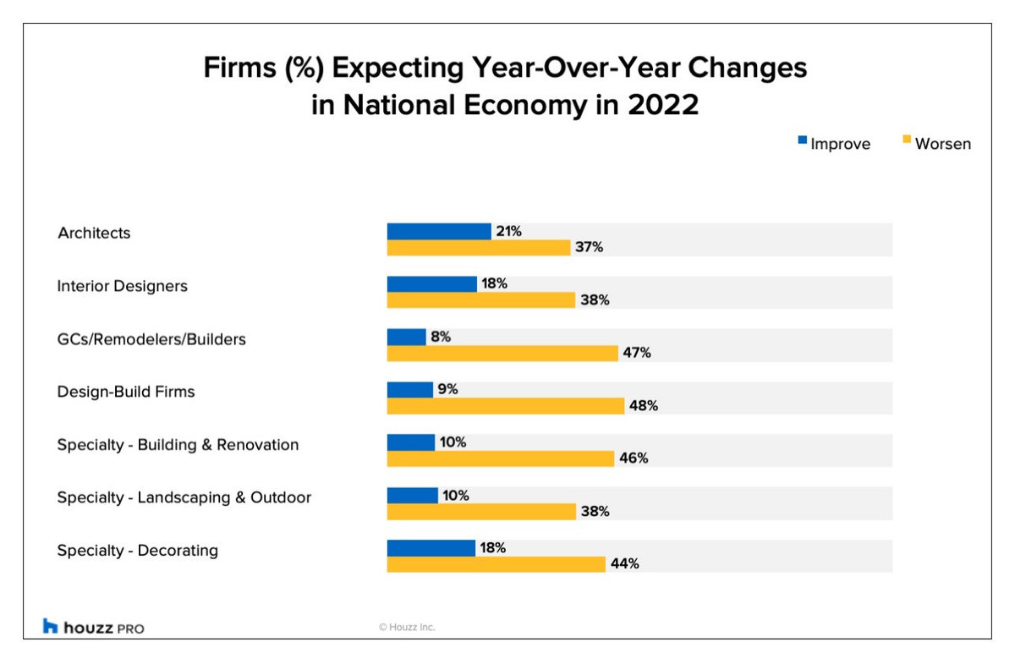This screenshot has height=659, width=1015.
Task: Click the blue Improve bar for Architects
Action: (x=439, y=232)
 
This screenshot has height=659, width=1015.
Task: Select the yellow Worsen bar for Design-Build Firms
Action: (x=506, y=406)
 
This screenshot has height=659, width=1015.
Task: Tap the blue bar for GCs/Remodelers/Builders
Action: (x=407, y=337)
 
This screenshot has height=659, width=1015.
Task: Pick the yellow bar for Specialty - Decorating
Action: (x=497, y=564)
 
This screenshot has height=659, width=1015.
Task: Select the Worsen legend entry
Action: (x=936, y=144)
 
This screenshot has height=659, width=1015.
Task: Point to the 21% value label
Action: (x=508, y=231)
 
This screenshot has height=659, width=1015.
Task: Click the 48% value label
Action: (x=643, y=405)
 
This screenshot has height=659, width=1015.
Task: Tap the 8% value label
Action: (x=441, y=337)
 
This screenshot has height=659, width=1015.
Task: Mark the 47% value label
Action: (x=636, y=353)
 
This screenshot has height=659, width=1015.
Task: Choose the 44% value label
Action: (x=624, y=564)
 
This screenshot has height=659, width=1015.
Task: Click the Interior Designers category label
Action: (x=122, y=286)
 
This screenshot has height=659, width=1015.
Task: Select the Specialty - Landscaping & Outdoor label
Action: (x=184, y=497)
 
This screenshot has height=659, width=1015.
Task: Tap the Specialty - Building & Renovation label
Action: (x=178, y=445)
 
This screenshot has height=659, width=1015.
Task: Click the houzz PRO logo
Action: (x=93, y=627)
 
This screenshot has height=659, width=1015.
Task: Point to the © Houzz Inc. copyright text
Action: (x=407, y=627)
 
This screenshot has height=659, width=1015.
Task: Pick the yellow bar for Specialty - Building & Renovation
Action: (x=501, y=459)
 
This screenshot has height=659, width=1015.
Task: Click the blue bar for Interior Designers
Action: (x=431, y=284)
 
